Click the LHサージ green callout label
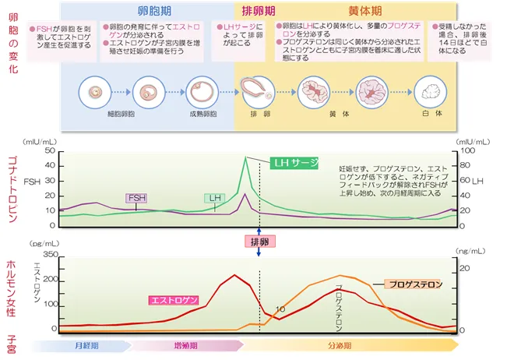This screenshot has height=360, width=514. [x=295, y=163]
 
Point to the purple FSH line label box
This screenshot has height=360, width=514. [x=136, y=198]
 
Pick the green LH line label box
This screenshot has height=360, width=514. [x=214, y=199]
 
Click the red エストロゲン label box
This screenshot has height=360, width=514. [x=174, y=300]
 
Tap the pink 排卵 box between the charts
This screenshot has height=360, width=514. [x=259, y=242]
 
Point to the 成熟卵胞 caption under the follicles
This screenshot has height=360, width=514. [x=201, y=114]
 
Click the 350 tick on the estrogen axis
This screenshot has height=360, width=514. [x=51, y=256]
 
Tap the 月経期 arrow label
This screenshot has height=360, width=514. [x=86, y=344]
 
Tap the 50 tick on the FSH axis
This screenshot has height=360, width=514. [x=51, y=150]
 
